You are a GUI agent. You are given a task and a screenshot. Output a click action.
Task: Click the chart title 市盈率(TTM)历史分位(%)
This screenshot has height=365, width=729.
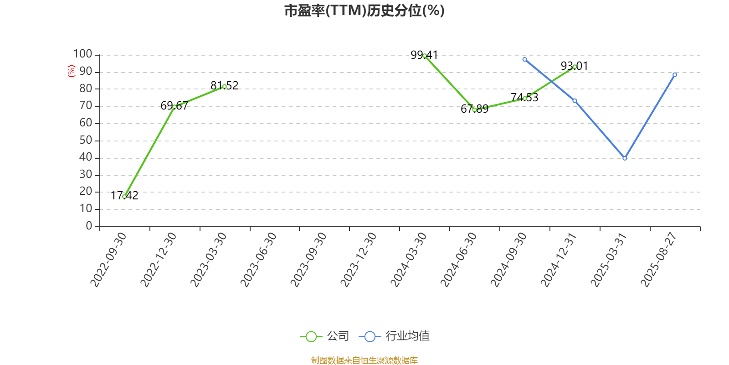[364, 11]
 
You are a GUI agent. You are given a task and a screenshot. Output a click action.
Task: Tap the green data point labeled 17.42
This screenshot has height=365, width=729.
[124, 197]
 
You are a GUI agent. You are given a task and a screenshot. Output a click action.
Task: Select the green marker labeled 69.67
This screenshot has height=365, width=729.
[175, 107]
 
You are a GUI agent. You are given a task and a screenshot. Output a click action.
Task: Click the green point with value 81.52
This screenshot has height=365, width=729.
[225, 86]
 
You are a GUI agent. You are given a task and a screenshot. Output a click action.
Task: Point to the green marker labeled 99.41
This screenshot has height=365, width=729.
[425, 56]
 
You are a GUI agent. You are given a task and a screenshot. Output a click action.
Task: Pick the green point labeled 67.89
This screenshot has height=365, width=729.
[474, 110]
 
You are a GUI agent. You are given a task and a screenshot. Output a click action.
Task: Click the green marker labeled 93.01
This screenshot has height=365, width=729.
[575, 67]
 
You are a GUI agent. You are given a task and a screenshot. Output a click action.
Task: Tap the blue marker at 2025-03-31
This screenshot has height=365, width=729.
[625, 158]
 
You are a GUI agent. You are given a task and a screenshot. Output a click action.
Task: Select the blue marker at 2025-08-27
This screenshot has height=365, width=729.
[675, 75]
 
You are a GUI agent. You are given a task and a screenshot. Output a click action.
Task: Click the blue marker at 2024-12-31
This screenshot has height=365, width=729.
[575, 101]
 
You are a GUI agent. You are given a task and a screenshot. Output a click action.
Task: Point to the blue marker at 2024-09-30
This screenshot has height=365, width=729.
[524, 59]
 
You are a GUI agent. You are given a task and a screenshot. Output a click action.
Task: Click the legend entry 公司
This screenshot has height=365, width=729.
[324, 336]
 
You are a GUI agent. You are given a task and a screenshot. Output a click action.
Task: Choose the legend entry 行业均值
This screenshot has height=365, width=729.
[394, 336]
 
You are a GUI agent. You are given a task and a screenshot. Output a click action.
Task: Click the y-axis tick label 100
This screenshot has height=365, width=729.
[82, 54]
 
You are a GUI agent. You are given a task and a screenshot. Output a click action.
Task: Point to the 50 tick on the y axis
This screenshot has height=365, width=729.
[86, 140]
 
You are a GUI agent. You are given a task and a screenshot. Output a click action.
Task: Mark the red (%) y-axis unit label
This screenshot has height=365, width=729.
[71, 71]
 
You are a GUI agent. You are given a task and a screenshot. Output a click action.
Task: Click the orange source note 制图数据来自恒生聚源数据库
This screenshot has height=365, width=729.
[364, 360]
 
